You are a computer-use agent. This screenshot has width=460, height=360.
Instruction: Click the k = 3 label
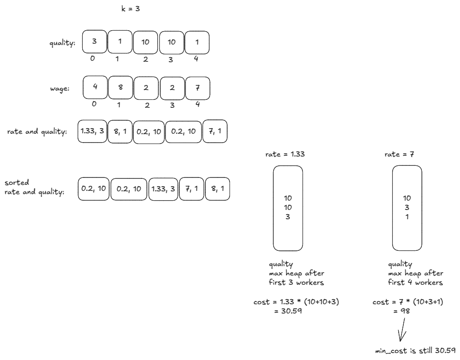point(130,9)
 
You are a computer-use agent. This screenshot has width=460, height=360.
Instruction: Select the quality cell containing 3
point(94,42)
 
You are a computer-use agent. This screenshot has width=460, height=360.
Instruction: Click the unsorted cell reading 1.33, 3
point(92,131)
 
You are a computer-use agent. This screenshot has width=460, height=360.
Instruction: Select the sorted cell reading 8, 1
point(217,189)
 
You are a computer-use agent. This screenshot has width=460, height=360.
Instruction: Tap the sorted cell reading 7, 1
point(191,189)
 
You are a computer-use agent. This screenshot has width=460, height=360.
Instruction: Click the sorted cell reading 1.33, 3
point(163,189)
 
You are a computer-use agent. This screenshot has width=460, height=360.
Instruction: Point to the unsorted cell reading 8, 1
point(120,131)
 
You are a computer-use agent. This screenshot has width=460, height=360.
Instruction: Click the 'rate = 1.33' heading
point(285,154)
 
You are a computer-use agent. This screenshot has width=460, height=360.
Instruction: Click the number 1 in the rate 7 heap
point(407,216)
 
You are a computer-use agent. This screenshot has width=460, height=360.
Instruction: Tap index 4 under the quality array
point(197,59)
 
